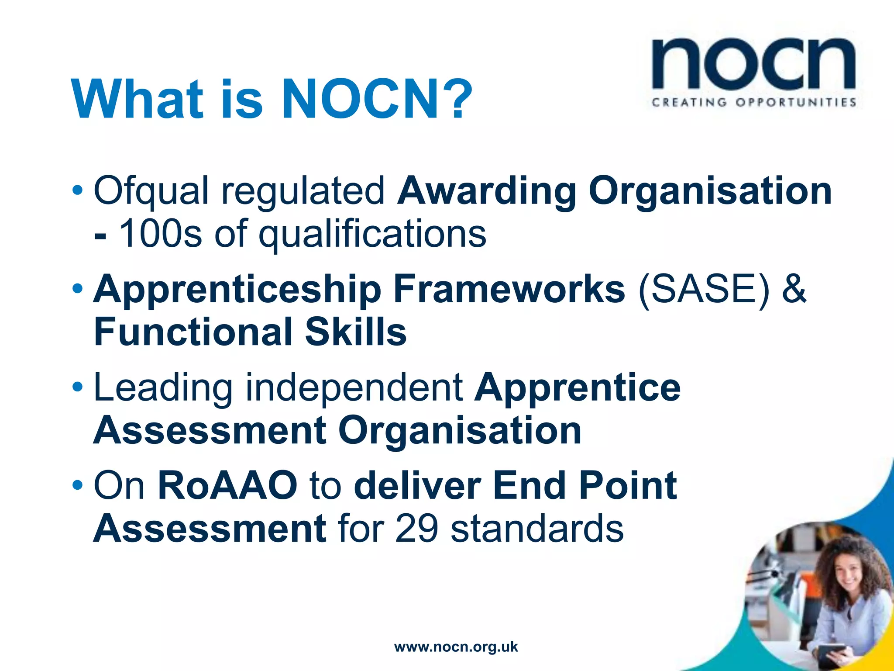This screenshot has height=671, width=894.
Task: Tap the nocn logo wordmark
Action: (753, 66)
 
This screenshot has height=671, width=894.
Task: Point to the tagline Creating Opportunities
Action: (753, 103)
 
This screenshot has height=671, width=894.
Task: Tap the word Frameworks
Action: (509, 289)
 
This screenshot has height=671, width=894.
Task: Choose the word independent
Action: (354, 388)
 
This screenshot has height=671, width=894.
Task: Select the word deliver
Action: (417, 485)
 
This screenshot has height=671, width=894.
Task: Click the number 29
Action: (416, 529)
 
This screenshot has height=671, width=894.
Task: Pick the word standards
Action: (537, 529)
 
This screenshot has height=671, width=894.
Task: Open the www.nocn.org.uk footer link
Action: (456, 647)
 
